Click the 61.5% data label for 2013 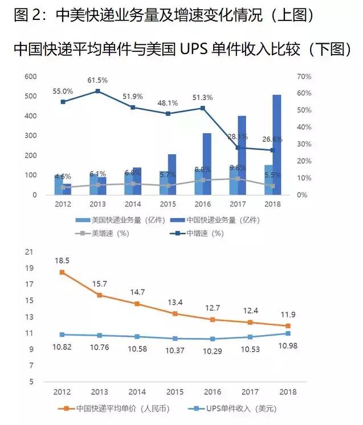98,80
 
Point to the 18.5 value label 63,260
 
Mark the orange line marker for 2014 137,304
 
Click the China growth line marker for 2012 63,102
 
